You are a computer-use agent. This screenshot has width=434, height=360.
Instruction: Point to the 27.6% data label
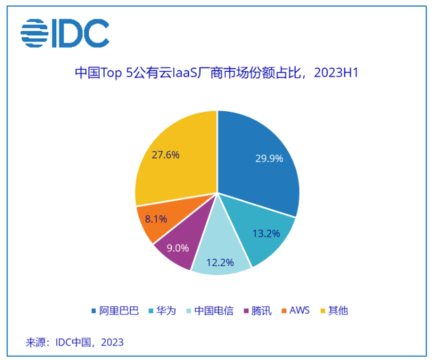[x=165, y=155]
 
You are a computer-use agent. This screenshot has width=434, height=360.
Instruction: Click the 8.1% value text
[x=155, y=219]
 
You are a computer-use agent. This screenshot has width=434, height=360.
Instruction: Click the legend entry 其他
[x=338, y=311]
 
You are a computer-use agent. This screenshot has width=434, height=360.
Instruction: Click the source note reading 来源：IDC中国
[x=75, y=341]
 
